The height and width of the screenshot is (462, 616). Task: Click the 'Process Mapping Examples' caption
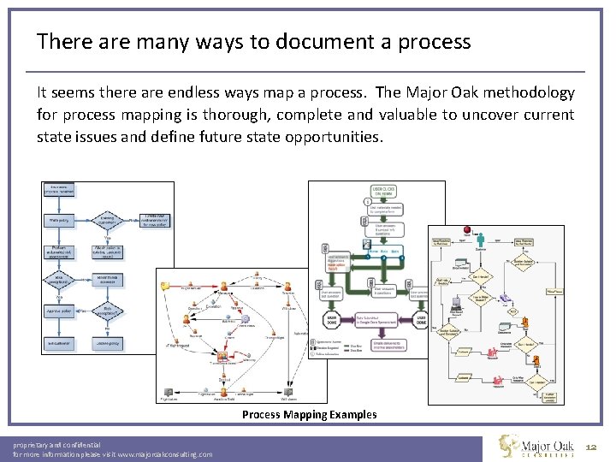click(309, 415)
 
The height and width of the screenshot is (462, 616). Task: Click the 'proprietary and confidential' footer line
click(56, 445)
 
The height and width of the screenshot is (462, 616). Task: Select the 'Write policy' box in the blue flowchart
click(59, 220)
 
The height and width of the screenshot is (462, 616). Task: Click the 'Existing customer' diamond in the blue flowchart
click(107, 220)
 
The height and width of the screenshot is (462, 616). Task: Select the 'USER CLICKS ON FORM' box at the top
click(382, 192)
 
